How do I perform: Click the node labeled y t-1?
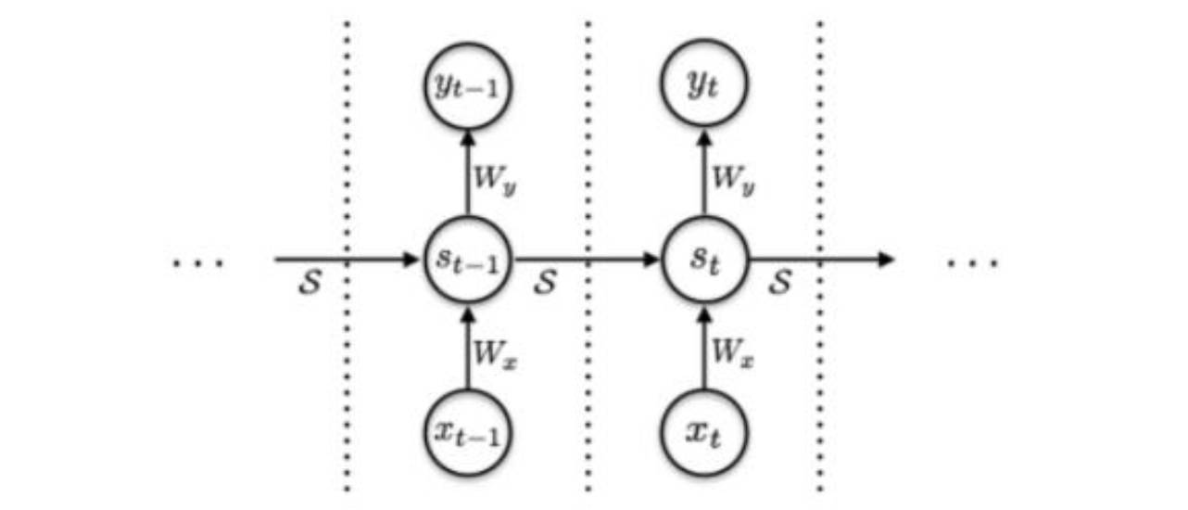pyautogui.click(x=468, y=87)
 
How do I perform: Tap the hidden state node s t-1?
pyautogui.click(x=468, y=261)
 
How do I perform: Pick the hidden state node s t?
pyautogui.click(x=704, y=261)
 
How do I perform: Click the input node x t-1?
pyautogui.click(x=468, y=433)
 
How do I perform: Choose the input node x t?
pyautogui.click(x=704, y=433)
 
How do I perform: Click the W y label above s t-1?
pyautogui.click(x=493, y=179)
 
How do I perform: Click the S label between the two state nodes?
pyautogui.click(x=545, y=284)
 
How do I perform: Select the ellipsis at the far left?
pyautogui.click(x=198, y=263)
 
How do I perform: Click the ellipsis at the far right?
pyautogui.click(x=972, y=263)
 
